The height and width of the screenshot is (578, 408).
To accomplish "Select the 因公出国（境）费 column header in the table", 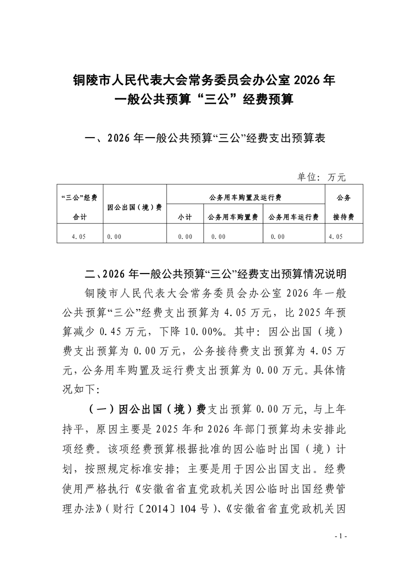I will [x=135, y=207].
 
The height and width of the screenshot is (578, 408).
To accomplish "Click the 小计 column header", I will [x=185, y=217].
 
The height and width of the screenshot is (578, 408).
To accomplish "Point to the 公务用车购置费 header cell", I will [x=233, y=217].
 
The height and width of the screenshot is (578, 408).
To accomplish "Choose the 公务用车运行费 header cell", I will [x=293, y=217].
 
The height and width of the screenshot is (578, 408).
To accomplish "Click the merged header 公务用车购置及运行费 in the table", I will [x=245, y=197].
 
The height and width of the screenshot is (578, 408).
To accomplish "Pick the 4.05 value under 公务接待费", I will [x=334, y=236].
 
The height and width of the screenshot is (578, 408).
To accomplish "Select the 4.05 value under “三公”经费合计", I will [x=81, y=236].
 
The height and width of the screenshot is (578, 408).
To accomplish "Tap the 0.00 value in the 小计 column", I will [x=185, y=236].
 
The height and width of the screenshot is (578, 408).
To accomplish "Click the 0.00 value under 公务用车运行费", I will [x=277, y=236].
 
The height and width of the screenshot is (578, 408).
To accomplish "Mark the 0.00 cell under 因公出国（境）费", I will [x=114, y=236].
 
